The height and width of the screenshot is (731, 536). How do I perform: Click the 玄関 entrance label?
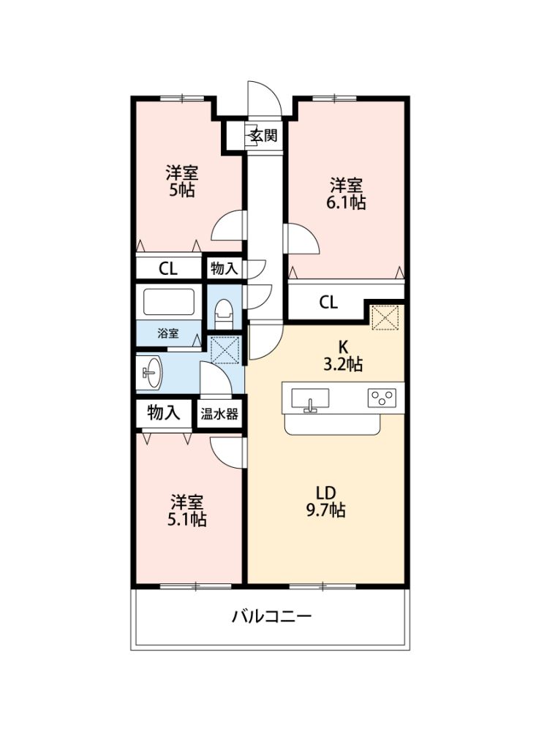(263, 136)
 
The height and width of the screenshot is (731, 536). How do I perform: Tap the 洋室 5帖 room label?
(182, 181)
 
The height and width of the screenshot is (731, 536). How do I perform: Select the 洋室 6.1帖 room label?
(346, 194)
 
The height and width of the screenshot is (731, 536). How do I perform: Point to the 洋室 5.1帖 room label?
(186, 510)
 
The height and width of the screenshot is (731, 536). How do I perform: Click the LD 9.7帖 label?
(325, 501)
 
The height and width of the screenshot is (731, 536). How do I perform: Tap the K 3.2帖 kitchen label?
(343, 356)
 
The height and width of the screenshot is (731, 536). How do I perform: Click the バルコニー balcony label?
(271, 617)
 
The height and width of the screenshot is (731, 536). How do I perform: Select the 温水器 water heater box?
(219, 414)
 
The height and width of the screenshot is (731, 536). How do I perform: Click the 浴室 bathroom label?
(168, 333)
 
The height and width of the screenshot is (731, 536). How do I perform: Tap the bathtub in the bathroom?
(168, 302)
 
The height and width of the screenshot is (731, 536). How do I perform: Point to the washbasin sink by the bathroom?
(151, 373)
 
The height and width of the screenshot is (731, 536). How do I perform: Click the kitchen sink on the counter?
(310, 399)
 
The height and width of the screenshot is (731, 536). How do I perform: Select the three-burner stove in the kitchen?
(382, 398)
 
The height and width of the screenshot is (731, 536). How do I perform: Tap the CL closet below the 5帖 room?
(168, 268)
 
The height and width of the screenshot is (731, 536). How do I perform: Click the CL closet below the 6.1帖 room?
(328, 302)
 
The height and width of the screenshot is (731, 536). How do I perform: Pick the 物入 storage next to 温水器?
(163, 412)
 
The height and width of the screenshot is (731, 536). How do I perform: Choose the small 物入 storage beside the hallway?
(224, 268)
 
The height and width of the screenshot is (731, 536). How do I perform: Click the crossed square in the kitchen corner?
(385, 318)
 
